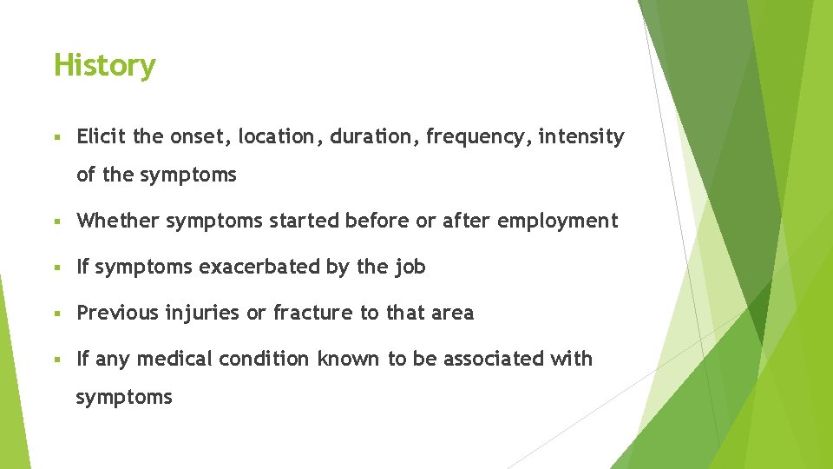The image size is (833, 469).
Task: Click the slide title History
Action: coord(104,65)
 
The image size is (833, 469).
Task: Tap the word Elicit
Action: coord(102,136)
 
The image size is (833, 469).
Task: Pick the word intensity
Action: coord(580,136)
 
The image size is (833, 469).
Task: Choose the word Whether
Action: coord(118,221)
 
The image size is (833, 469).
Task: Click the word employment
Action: coord(557,221)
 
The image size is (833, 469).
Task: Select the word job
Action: coord(410,268)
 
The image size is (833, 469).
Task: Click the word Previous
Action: coord(115,313)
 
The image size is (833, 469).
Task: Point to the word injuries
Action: coord(203,313)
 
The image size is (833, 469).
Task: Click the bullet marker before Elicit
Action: coord(56,137)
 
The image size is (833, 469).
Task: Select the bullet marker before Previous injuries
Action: coord(56,314)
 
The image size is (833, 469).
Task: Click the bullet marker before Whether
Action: coord(56,221)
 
